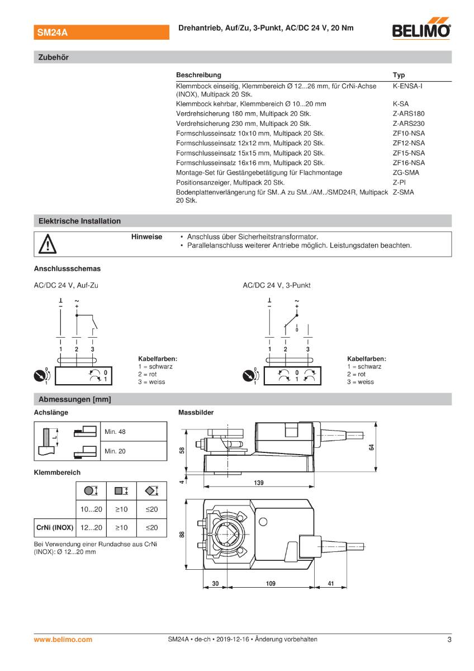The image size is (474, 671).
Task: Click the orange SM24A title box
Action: pos(101,33)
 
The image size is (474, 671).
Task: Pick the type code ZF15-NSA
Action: pos(409,153)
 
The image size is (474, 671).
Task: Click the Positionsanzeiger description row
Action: pos(230,182)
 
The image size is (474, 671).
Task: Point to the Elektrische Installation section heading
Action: pos(79,221)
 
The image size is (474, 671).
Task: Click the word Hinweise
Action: pos(146,237)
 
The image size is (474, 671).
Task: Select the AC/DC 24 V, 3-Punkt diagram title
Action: pos(276,285)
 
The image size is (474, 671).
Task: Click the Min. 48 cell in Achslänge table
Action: pos(115,432)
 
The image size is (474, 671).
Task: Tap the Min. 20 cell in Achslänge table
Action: pos(115,451)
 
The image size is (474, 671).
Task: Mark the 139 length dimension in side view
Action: pos(259,483)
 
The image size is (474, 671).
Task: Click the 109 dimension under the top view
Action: pos(271,583)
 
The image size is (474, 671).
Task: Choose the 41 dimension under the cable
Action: pos(330,583)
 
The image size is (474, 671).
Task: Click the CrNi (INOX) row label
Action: pos(55,527)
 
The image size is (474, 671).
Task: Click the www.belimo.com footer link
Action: pos(63,639)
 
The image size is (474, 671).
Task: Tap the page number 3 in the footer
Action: pos(449,639)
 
